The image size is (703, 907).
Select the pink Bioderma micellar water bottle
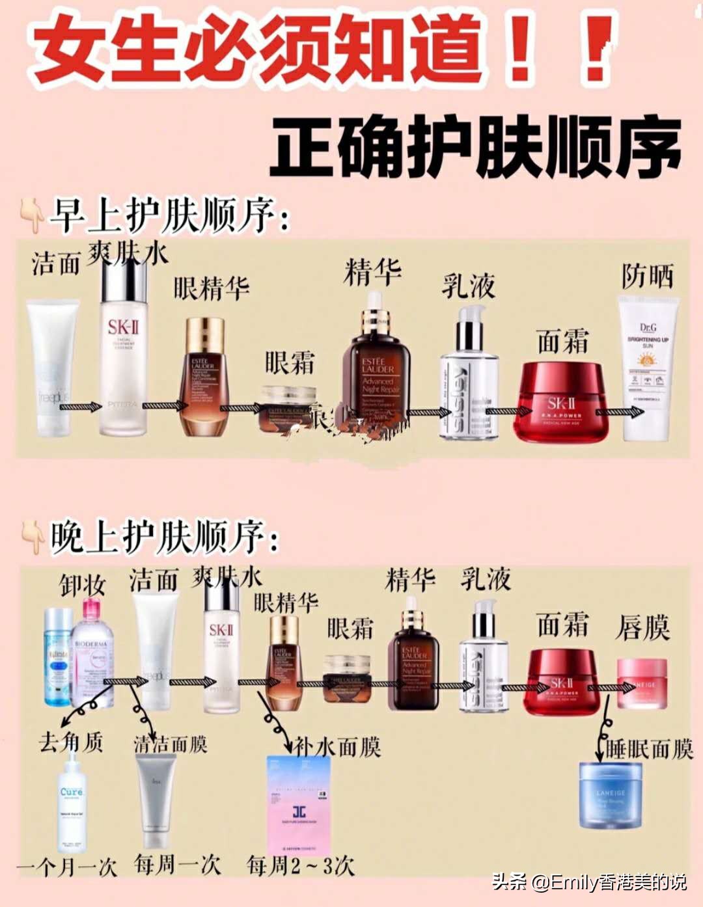[x=92, y=654]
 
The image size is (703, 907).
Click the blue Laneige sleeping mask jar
[x=610, y=795]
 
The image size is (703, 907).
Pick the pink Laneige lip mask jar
[x=641, y=683]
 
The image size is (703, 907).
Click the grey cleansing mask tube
[x=156, y=801]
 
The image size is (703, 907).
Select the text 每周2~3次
[x=300, y=866]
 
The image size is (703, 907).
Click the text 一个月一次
[x=66, y=867]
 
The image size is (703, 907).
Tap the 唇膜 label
[x=642, y=628]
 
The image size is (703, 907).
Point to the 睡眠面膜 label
[x=649, y=749]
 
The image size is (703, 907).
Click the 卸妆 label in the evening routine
[x=83, y=585]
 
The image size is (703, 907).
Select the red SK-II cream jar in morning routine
[x=561, y=400]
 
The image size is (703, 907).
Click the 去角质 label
[x=70, y=742]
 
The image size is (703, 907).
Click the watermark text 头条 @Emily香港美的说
[x=589, y=882]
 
